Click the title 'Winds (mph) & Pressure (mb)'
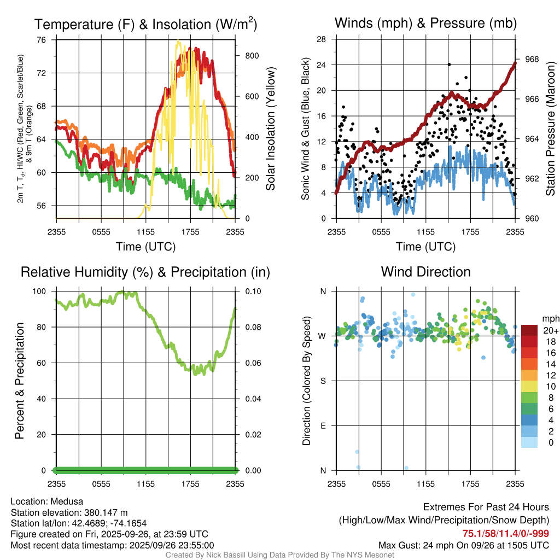click(x=425, y=23)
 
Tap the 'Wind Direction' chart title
click(x=425, y=272)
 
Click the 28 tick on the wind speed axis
click(x=322, y=39)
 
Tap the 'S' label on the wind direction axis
click(x=323, y=381)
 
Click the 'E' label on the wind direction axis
click(x=323, y=425)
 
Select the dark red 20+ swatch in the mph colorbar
click(x=529, y=330)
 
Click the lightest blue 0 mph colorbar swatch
click(x=529, y=443)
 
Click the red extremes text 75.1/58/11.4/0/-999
click(x=506, y=534)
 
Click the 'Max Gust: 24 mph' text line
click(x=464, y=545)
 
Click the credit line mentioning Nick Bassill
click(x=279, y=555)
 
